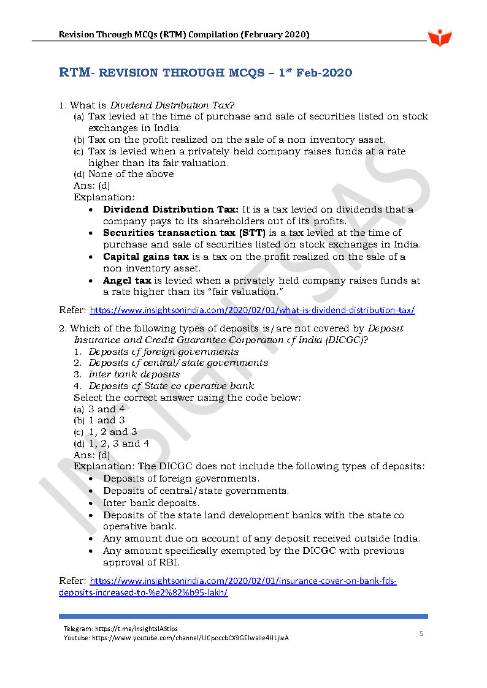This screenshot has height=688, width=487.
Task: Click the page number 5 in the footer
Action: [x=421, y=633]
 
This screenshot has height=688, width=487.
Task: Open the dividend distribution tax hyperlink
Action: [x=252, y=310]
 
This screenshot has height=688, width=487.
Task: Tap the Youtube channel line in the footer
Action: [x=176, y=638]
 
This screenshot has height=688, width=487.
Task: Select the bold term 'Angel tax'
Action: [x=127, y=281]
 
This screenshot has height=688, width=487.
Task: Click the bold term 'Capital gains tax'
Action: [x=146, y=257]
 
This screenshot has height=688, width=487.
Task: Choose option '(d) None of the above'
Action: [x=123, y=174]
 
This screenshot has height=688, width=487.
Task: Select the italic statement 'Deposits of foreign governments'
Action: [x=163, y=352]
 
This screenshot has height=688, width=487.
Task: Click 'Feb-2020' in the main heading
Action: [x=324, y=73]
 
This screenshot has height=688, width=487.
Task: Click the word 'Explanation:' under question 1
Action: [x=104, y=197]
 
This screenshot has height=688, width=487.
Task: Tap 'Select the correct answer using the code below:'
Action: [x=187, y=398]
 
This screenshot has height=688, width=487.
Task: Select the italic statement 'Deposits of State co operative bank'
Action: [x=171, y=386]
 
